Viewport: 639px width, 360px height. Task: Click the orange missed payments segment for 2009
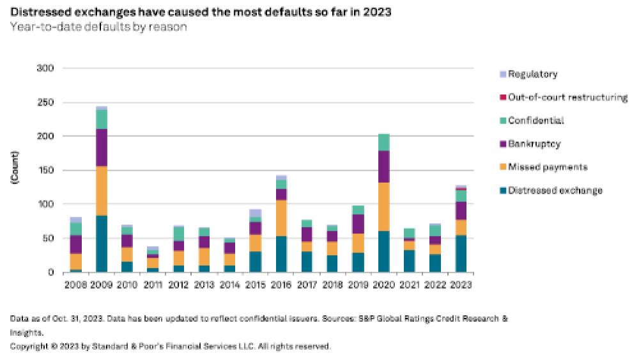click(x=101, y=191)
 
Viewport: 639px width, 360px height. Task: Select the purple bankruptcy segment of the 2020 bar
click(x=383, y=166)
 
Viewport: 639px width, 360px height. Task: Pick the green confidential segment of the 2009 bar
click(x=101, y=119)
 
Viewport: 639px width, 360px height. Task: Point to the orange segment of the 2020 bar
click(x=383, y=207)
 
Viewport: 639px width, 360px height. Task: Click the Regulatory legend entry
click(x=532, y=74)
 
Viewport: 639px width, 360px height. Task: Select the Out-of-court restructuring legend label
click(x=567, y=97)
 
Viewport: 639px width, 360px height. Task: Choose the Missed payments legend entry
click(x=547, y=167)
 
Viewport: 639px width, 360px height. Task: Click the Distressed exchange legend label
click(x=555, y=190)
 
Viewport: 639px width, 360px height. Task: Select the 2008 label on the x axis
click(x=75, y=283)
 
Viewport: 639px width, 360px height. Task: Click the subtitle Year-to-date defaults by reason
click(x=98, y=27)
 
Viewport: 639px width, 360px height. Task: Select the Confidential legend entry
click(x=535, y=121)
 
